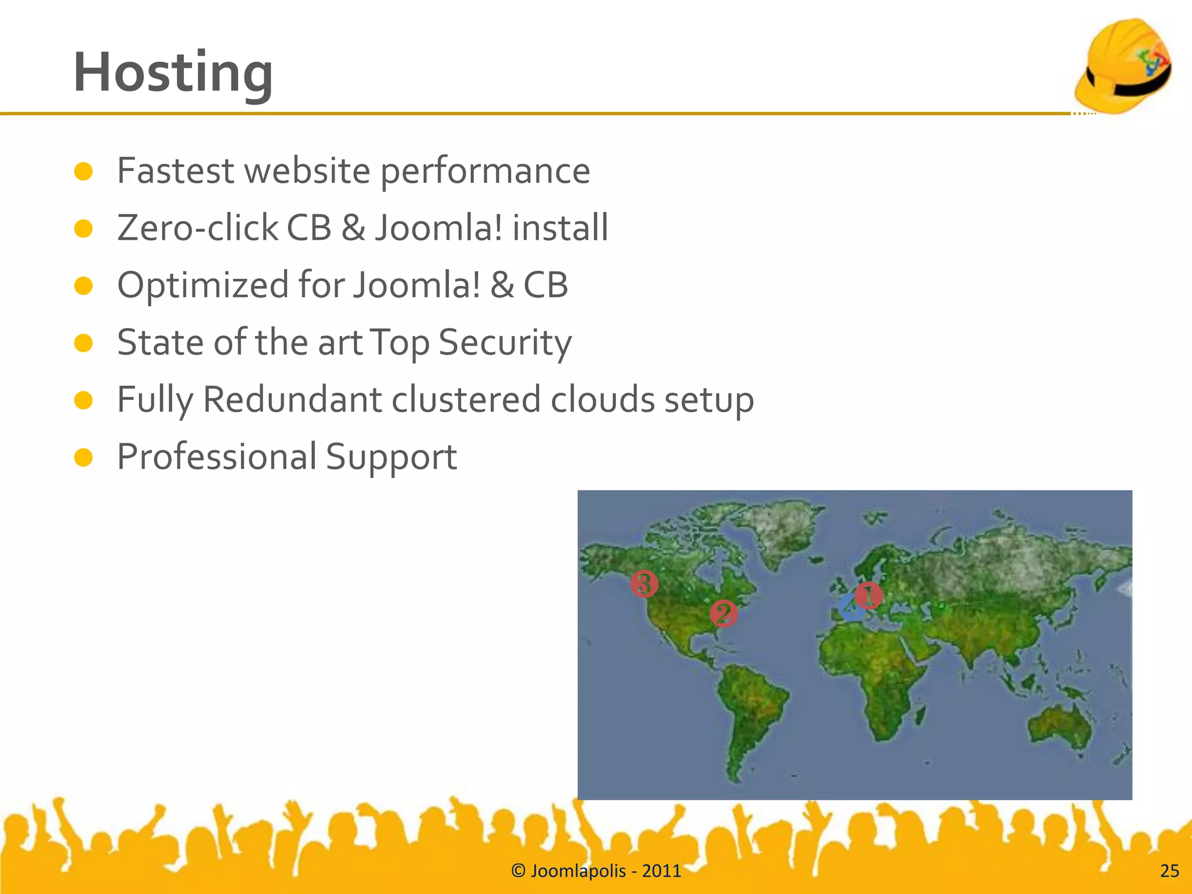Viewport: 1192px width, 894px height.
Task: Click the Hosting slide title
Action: (173, 73)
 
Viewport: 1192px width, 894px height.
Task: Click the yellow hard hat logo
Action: (1123, 65)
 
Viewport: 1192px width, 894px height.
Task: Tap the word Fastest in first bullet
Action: (176, 171)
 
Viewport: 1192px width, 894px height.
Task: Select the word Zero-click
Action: (197, 228)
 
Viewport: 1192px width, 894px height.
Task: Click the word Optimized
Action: (203, 285)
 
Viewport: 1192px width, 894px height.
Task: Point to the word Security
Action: (505, 343)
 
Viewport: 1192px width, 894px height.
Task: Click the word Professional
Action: (216, 457)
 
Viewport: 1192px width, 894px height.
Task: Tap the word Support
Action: (391, 457)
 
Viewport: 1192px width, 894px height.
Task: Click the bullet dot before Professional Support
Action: (84, 457)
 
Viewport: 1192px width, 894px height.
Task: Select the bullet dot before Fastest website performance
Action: (84, 171)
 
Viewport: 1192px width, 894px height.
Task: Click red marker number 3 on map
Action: (644, 583)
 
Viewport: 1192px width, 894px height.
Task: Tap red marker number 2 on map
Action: (723, 613)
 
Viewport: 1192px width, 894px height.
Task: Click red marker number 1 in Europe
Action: (869, 595)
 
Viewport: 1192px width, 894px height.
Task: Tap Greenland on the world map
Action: (783, 527)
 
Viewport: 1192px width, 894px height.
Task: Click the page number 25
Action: (1169, 871)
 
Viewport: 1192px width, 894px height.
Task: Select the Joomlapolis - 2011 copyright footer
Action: (596, 871)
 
